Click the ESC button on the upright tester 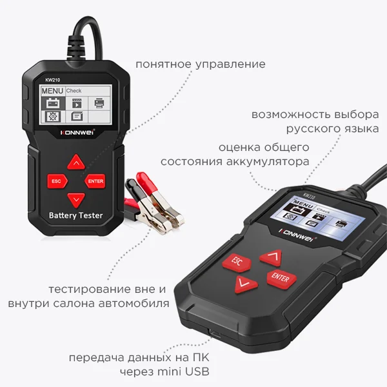[56, 181]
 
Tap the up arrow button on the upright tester [77, 162]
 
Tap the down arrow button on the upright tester [77, 199]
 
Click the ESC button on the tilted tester [237, 262]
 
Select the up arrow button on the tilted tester [271, 258]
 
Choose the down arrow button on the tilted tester [245, 283]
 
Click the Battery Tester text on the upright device [76, 215]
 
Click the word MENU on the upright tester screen [52, 92]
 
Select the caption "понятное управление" [200, 64]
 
